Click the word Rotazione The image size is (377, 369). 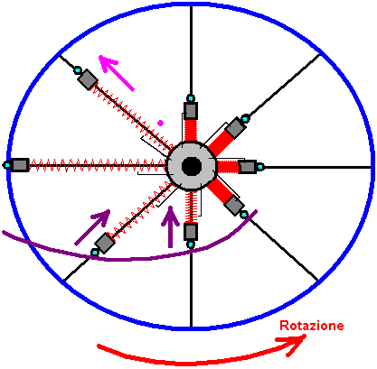click(312, 326)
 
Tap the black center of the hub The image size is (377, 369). click(192, 166)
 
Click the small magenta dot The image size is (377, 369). click(161, 123)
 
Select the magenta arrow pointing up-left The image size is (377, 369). click(117, 73)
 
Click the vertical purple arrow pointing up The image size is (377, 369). click(171, 226)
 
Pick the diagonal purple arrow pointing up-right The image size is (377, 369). click(92, 227)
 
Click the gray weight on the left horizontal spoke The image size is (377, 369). click(20, 165)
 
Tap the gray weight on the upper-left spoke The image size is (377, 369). click(88, 79)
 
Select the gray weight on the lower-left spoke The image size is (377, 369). click(105, 243)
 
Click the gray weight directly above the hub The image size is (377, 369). click(191, 110)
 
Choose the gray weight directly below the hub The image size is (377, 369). click(191, 232)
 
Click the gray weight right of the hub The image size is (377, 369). click(248, 167)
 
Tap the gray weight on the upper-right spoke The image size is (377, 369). click(236, 127)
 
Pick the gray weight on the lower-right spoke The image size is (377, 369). click(234, 206)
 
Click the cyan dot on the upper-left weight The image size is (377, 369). click(78, 70)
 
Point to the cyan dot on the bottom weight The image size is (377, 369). click(191, 244)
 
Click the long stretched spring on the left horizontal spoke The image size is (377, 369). click(98, 165)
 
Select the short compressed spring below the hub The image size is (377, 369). click(191, 207)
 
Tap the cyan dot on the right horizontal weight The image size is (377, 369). click(260, 167)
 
